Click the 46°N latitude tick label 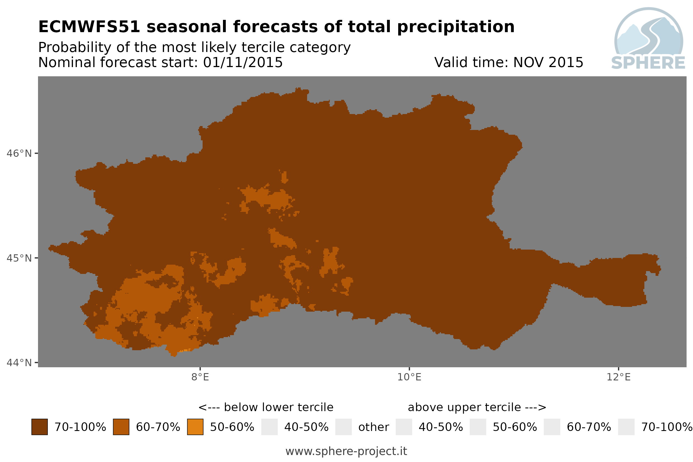(x=19, y=153)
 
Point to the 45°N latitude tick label (x=19, y=258)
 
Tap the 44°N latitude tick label (x=19, y=363)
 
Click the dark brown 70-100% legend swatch (x=40, y=427)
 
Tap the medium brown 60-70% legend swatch (x=121, y=427)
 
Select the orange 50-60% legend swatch (x=195, y=427)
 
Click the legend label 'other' (x=373, y=427)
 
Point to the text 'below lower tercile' (x=279, y=407)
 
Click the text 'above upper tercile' (x=464, y=407)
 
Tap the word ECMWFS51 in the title (x=89, y=27)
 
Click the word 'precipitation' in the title (x=455, y=27)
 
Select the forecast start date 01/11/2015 (x=243, y=62)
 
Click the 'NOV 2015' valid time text (x=548, y=62)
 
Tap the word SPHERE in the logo (x=648, y=63)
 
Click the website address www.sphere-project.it (x=346, y=451)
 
